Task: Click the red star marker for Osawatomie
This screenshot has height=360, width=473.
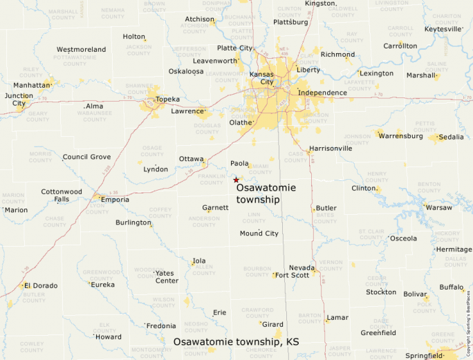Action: pos(236,180)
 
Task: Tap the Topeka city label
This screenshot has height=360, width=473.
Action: pos(168,100)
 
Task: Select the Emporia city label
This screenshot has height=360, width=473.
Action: pos(115,200)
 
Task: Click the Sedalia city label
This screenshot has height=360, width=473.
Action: pos(451,137)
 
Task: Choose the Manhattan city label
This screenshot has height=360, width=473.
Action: pos(32,85)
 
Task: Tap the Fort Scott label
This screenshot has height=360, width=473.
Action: pos(292,275)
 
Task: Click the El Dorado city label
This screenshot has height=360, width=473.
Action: pos(41,285)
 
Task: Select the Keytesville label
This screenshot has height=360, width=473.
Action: pos(442,29)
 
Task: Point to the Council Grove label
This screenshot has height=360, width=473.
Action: pos(86,157)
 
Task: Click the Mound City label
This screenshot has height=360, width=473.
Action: pos(259,234)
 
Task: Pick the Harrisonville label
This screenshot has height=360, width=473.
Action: pos(331,148)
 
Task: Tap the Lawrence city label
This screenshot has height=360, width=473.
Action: pos(187,111)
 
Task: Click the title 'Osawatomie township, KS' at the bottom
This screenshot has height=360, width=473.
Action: pos(236,342)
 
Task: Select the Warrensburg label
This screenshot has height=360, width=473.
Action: pos(400,136)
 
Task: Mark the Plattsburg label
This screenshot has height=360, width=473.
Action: pos(290,21)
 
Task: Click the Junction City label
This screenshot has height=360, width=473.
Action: pos(19,100)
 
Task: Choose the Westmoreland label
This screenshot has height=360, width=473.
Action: pos(81,50)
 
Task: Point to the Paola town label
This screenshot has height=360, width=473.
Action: pos(239,164)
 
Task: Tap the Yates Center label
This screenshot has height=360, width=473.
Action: pos(167,276)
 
